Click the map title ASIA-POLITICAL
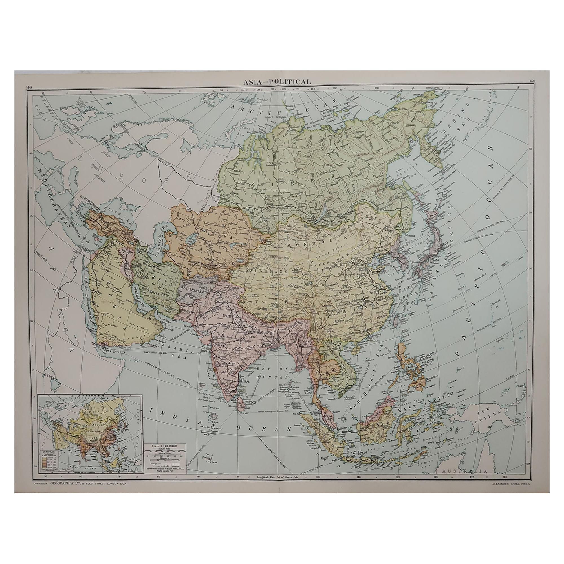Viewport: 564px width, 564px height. click(x=277, y=82)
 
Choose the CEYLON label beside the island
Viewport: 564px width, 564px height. click(x=250, y=402)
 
